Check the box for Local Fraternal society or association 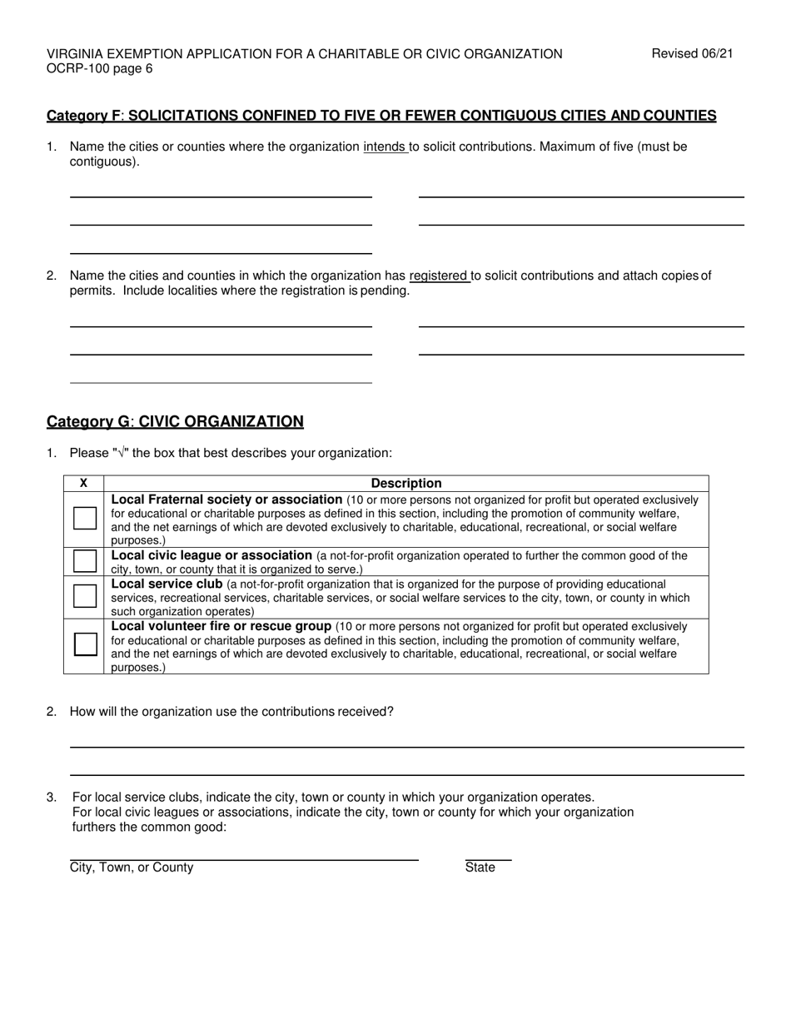click(84, 518)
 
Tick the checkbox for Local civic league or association click(84, 560)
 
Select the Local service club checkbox click(84, 596)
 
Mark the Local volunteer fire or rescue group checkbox click(84, 644)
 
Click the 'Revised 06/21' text click(692, 54)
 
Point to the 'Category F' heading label click(84, 116)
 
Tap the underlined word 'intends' click(385, 147)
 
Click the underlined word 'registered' click(439, 276)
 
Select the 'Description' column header click(406, 483)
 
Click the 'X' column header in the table click(83, 483)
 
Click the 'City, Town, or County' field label click(132, 867)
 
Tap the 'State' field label click(480, 867)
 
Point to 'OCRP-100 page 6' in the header click(99, 69)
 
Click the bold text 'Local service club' click(167, 584)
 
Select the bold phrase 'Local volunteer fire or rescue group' click(221, 626)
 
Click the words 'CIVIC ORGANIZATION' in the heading click(221, 421)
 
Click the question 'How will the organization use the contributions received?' click(231, 712)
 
